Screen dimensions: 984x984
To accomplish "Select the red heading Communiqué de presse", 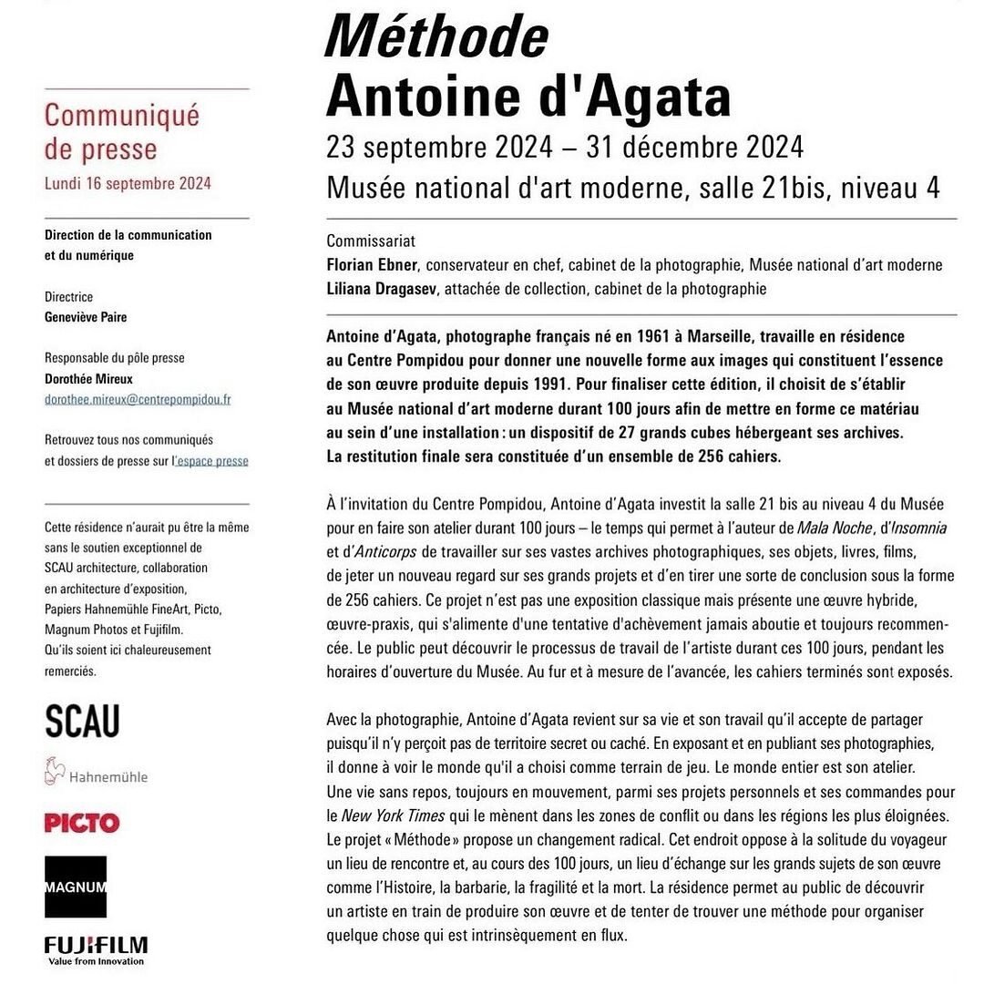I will click(121, 131).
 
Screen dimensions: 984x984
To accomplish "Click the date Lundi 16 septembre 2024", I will click(128, 183).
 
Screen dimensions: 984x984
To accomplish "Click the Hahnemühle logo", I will click(96, 774).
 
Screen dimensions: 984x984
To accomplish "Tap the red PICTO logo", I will click(82, 823).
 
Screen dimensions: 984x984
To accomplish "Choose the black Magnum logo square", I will click(76, 887).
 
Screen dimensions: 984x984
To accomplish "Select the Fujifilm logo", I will click(96, 948).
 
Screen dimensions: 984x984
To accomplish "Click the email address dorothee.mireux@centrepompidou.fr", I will click(138, 399).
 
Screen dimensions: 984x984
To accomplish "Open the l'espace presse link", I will click(210, 461).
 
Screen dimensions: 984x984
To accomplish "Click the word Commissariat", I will click(371, 241).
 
